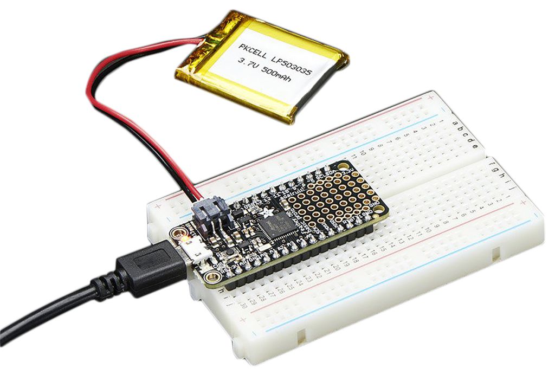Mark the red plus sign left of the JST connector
(x=158, y=207)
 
